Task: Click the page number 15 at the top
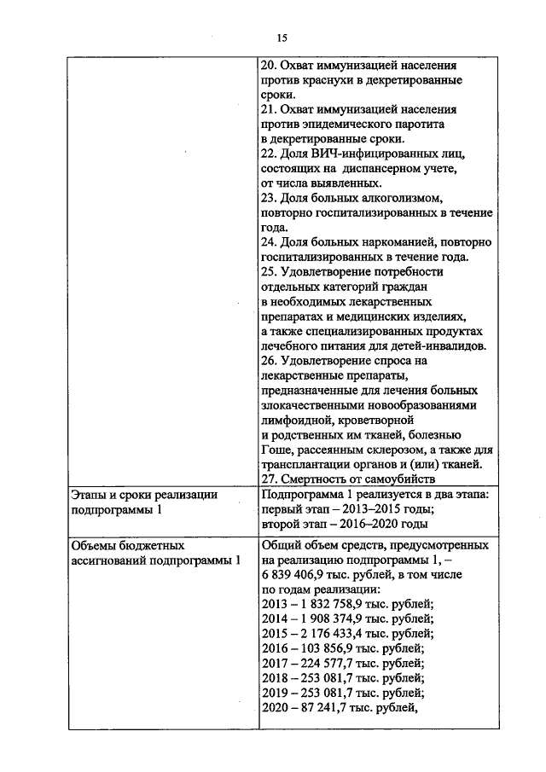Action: tap(281, 37)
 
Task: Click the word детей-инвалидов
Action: tap(440, 346)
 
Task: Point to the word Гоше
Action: tap(276, 450)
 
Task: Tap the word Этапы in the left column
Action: tap(89, 495)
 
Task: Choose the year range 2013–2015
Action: tap(367, 509)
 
